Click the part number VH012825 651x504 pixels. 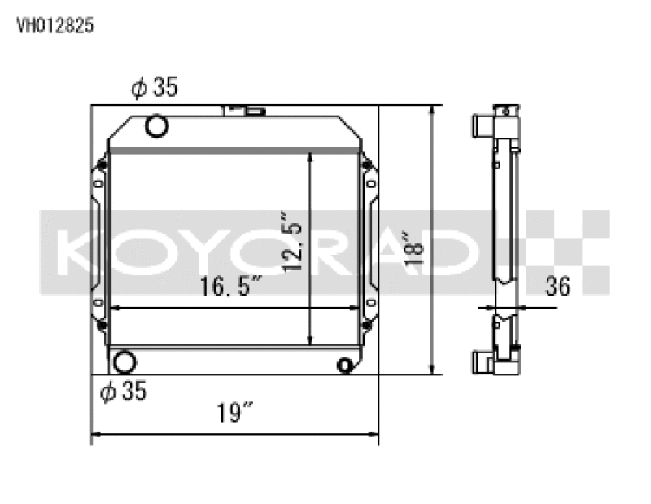pos(55,25)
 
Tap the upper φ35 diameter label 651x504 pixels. pos(154,88)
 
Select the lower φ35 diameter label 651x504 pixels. pos(123,392)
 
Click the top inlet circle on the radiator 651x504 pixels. pos(155,126)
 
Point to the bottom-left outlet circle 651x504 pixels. pos(125,362)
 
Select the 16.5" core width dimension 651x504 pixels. pos(231,287)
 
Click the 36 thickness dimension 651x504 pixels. pos(557,287)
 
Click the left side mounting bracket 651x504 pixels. pos(98,244)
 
